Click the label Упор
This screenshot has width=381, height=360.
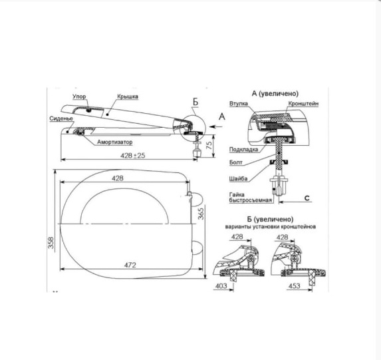click(79, 96)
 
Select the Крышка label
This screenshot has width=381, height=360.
click(128, 96)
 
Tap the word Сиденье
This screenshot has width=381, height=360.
click(61, 118)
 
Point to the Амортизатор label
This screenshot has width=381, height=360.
click(115, 142)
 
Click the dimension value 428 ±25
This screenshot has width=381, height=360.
click(133, 156)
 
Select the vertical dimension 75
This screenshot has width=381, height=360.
click(209, 145)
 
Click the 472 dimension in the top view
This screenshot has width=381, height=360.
click(130, 265)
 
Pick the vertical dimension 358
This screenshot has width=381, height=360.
click(51, 242)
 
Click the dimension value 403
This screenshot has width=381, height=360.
click(221, 286)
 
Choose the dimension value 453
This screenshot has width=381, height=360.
click(295, 286)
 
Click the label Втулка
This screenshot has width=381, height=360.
click(239, 104)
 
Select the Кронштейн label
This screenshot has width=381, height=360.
click(303, 104)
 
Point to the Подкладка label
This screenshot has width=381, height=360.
click(243, 149)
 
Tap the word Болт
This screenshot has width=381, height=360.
click(236, 162)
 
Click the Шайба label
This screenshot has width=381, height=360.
click(238, 179)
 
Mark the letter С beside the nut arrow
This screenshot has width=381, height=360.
click(307, 198)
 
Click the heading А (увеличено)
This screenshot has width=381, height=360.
click(275, 93)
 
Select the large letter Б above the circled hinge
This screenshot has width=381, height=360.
click(195, 102)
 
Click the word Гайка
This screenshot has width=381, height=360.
click(237, 194)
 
